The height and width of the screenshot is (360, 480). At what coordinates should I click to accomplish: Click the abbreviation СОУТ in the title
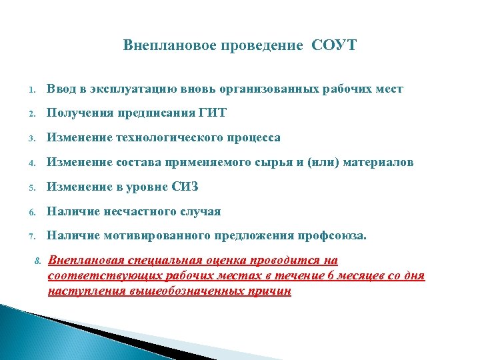(334, 45)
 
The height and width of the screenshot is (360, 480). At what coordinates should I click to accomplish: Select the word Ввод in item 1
(61, 89)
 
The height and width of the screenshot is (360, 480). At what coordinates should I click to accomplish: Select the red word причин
(270, 291)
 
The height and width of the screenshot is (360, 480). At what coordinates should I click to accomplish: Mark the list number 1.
(31, 90)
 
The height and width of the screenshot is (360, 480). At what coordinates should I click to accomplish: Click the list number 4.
(31, 163)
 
